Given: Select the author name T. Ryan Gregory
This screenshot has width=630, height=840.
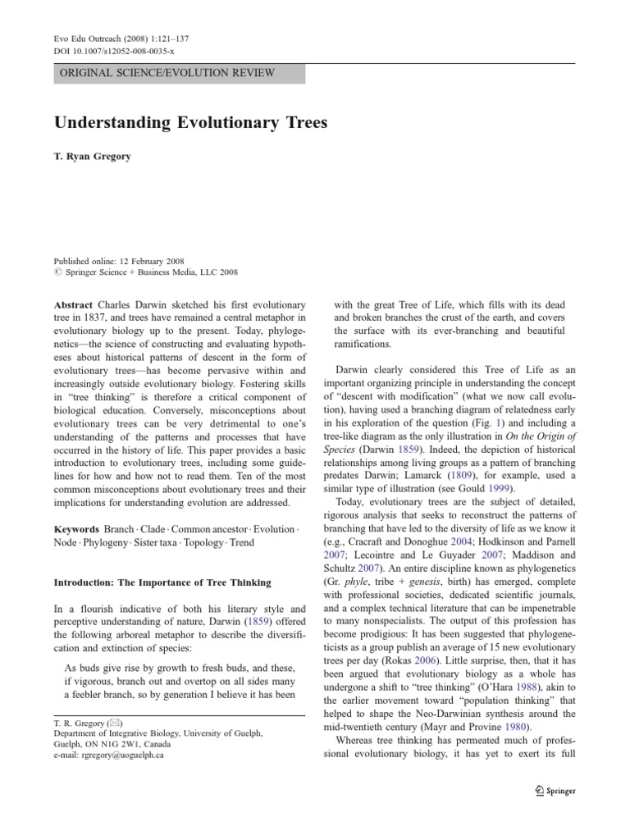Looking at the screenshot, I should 93,155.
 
